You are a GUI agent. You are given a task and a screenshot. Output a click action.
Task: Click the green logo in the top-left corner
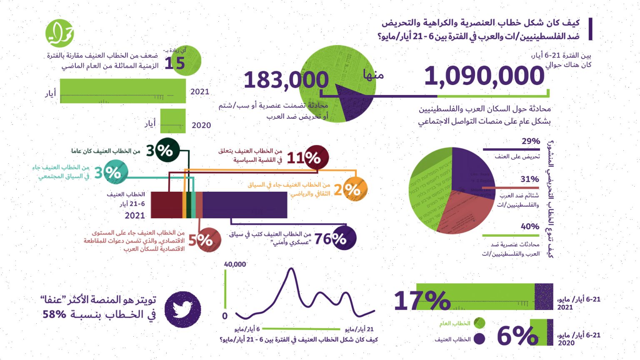(60, 33)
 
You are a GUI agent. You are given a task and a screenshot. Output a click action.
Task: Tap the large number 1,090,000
(484, 76)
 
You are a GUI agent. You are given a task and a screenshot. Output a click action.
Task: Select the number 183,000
(286, 80)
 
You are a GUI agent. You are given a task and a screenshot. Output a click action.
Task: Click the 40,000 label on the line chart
(235, 264)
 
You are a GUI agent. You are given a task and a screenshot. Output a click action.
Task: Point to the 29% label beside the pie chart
(530, 141)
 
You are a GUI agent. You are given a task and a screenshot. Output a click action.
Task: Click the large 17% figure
(422, 300)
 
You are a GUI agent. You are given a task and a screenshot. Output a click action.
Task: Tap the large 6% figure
(517, 335)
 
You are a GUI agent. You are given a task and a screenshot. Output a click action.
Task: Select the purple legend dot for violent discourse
(480, 339)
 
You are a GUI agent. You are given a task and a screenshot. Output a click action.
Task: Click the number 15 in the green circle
(175, 63)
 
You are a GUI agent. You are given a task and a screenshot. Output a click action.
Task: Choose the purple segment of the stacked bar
(245, 205)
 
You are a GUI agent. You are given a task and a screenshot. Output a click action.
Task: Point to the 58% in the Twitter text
(54, 314)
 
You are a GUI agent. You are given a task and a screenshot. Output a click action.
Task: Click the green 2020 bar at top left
(173, 121)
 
